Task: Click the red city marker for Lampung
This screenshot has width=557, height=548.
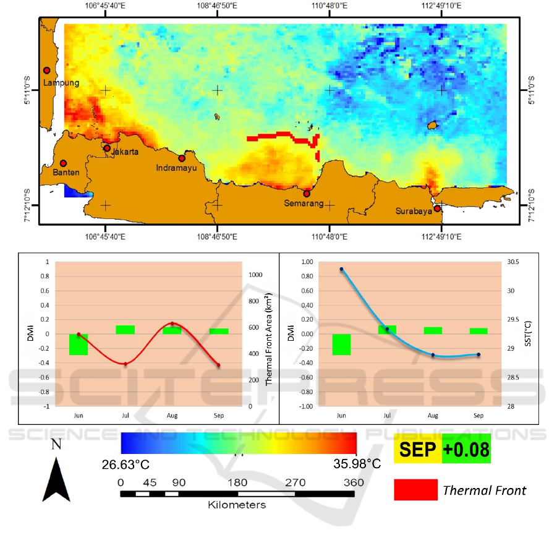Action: tap(46, 71)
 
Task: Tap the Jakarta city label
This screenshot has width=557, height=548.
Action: tap(125, 152)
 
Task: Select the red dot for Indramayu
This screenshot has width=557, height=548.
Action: tap(182, 158)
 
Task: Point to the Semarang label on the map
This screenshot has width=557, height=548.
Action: tap(304, 203)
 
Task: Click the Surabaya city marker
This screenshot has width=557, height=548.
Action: tap(437, 208)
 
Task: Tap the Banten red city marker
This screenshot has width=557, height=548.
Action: tap(63, 163)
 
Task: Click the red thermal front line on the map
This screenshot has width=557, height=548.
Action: tap(278, 136)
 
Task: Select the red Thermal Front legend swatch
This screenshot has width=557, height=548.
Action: tap(415, 489)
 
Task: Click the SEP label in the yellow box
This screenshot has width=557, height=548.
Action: tap(417, 448)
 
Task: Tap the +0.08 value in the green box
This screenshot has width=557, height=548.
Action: tap(466, 448)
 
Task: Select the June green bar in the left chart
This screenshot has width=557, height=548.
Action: tap(79, 345)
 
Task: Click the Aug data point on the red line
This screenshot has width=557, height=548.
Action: tap(172, 323)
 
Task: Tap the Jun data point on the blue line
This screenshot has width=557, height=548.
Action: tap(341, 269)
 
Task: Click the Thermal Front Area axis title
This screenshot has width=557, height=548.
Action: tap(270, 340)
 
